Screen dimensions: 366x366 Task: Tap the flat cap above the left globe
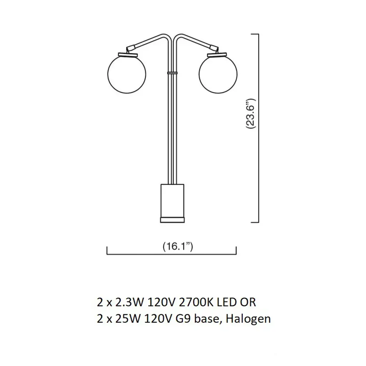[128, 55]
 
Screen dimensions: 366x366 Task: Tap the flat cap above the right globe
[217, 55]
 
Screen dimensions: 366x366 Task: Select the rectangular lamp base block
[173, 201]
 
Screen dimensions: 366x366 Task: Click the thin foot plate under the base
[173, 220]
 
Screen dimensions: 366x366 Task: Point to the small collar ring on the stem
[172, 73]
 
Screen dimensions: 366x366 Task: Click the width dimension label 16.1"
[178, 246]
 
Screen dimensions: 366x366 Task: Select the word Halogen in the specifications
[248, 318]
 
